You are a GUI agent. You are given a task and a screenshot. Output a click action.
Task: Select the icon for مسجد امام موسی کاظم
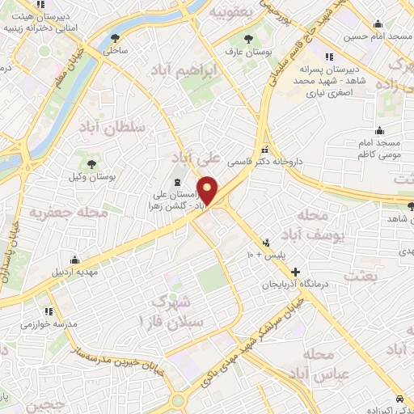(379, 131)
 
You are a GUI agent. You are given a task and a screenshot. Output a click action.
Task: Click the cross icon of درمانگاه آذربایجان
(296, 272)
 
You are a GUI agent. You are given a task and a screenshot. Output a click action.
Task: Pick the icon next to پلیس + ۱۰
(266, 242)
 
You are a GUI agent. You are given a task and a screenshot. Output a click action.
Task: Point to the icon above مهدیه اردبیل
(74, 260)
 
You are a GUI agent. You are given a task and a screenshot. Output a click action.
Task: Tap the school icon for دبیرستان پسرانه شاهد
(329, 57)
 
